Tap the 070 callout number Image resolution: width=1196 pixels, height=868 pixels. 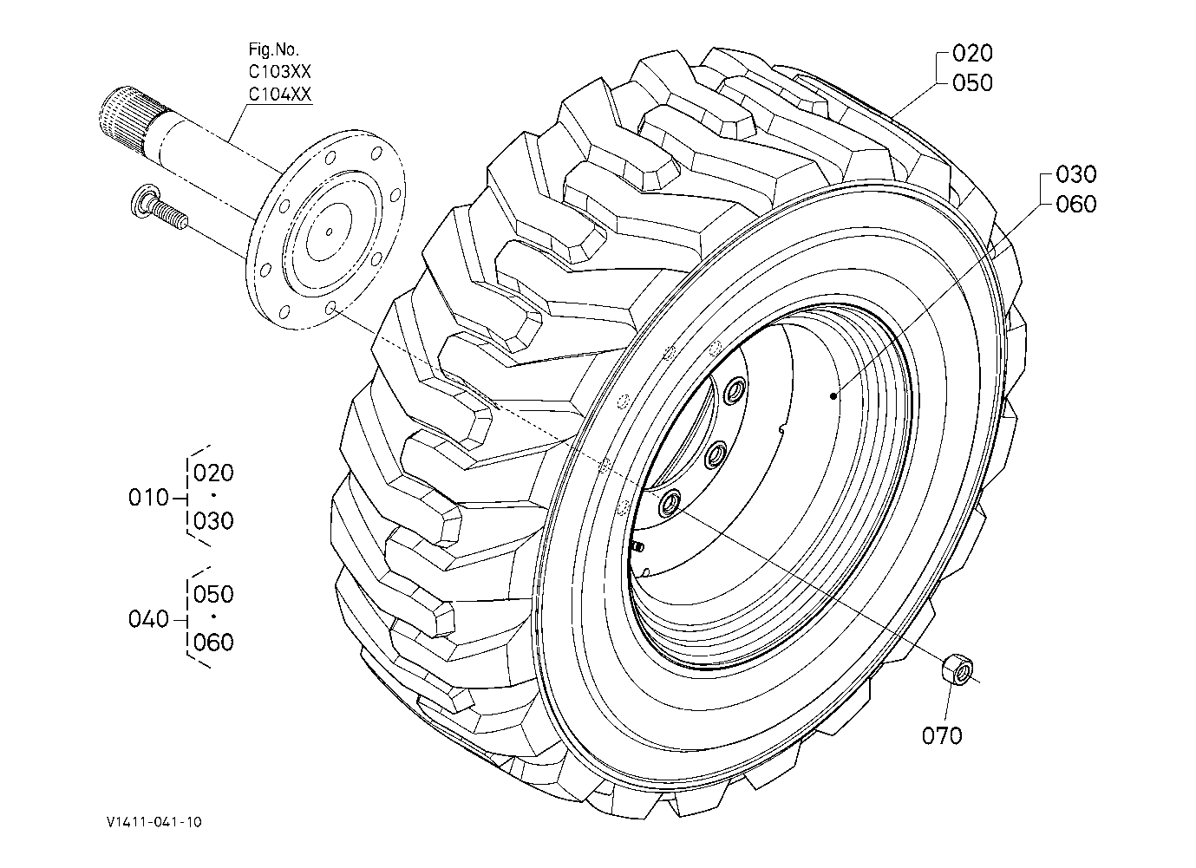point(942,736)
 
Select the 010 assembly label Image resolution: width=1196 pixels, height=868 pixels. point(148,498)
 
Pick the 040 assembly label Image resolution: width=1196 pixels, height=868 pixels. point(148,619)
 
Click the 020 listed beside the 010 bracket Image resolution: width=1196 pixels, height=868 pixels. point(213,473)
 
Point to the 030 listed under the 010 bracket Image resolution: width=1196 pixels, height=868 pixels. point(213,521)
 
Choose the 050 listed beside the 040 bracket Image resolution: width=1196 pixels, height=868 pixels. point(213,595)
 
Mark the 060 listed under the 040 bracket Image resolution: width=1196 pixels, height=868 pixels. point(213,643)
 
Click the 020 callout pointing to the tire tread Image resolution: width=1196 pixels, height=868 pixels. point(972,54)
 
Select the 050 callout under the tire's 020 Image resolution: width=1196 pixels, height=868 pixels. point(972,83)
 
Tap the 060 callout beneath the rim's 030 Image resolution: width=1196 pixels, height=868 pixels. point(1076,205)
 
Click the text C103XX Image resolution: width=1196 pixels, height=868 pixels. point(279,73)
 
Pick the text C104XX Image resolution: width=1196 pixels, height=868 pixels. point(279,95)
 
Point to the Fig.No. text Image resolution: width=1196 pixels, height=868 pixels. point(273,51)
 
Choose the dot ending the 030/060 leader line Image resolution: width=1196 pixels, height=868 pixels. point(833,396)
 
